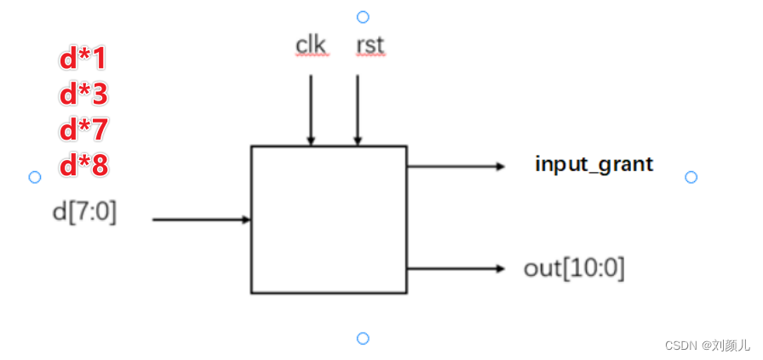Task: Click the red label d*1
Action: click(x=83, y=58)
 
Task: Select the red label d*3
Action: click(x=83, y=94)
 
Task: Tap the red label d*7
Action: click(x=83, y=129)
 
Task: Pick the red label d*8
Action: click(x=83, y=165)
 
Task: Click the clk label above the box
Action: click(x=311, y=45)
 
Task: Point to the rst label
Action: click(x=370, y=45)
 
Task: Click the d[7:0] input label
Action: click(x=84, y=211)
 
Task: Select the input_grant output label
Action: click(x=594, y=163)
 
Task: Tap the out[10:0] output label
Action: click(x=574, y=268)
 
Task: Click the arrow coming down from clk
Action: click(x=311, y=109)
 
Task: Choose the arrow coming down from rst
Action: click(x=358, y=109)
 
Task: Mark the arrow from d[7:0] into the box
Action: click(x=201, y=220)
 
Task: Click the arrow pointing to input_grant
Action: click(x=456, y=166)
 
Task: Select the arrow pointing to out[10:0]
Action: click(x=456, y=269)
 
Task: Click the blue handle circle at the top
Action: click(x=363, y=16)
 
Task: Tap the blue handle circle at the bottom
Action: click(x=363, y=339)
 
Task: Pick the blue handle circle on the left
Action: click(x=35, y=177)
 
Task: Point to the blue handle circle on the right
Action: click(x=691, y=177)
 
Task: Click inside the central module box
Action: click(x=328, y=220)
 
